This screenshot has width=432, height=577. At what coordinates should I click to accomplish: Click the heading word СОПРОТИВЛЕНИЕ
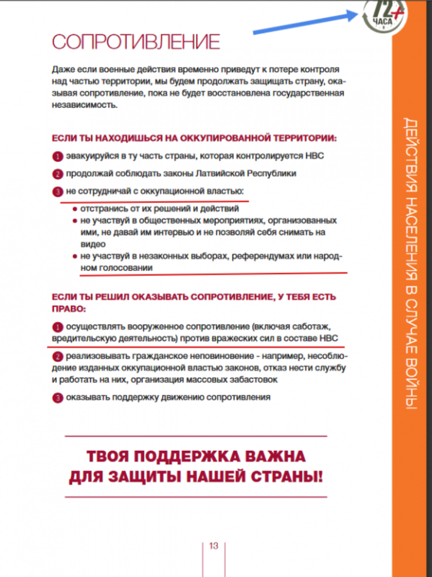[136, 42]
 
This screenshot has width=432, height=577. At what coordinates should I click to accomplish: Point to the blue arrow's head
[359, 14]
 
